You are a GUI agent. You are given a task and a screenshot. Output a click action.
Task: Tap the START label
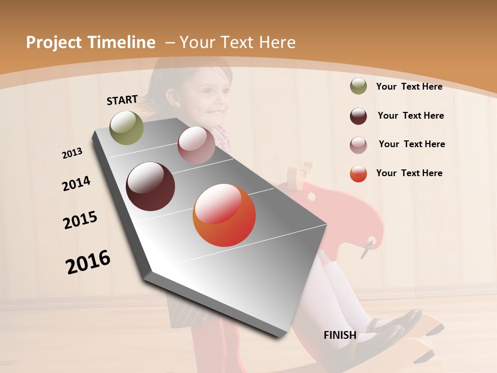point(122,100)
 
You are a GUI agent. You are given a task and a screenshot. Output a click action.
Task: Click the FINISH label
point(340,335)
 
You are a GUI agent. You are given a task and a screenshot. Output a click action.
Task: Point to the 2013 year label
point(72,153)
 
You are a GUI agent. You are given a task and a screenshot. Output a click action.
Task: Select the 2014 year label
point(76,183)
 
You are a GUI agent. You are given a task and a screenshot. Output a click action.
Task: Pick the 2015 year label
point(80,220)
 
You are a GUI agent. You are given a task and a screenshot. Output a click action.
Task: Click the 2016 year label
point(88,262)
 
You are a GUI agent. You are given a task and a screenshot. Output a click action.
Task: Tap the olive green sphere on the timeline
point(127,127)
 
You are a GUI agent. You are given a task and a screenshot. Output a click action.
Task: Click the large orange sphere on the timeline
point(224,215)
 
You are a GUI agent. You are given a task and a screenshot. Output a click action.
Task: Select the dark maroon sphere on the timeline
point(151,187)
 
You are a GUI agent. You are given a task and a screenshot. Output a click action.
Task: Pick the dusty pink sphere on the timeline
point(196,145)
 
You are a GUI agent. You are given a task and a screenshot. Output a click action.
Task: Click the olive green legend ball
point(358,86)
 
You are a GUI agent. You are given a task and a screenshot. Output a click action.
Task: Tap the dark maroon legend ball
point(358,116)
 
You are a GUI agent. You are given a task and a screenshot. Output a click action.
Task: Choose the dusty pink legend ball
point(358,145)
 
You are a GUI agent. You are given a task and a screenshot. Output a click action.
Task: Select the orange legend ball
point(358,174)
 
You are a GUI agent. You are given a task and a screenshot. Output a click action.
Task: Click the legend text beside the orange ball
point(409,173)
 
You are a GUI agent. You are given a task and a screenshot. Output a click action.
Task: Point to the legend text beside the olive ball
point(409,87)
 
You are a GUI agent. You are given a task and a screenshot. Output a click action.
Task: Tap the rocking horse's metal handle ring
point(368,247)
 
